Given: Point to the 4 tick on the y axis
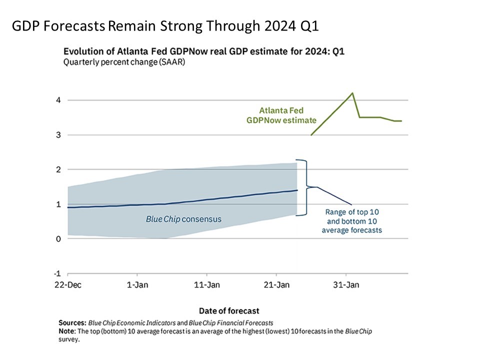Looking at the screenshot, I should [58, 100].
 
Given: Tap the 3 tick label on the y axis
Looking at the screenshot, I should [58, 135].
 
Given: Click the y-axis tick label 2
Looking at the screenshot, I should [58, 169].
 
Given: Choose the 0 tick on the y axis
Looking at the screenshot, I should [58, 239].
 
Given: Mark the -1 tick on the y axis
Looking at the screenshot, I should [57, 273].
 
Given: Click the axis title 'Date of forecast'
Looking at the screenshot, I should [229, 310].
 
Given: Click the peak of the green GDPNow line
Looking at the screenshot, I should [353, 93].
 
